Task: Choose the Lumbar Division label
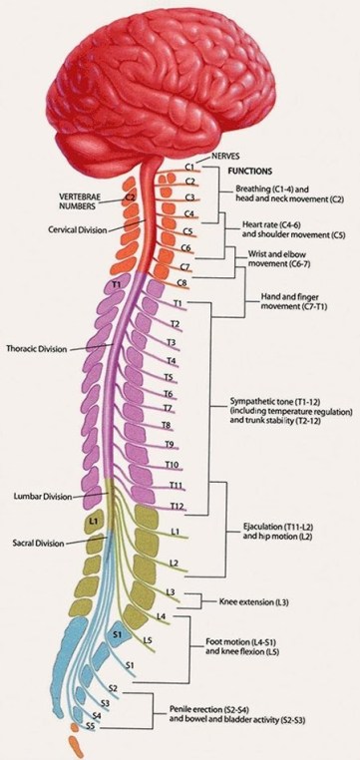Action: [43, 496]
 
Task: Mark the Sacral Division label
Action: [39, 544]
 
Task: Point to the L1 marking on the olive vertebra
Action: [92, 521]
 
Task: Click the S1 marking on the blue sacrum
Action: [117, 634]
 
